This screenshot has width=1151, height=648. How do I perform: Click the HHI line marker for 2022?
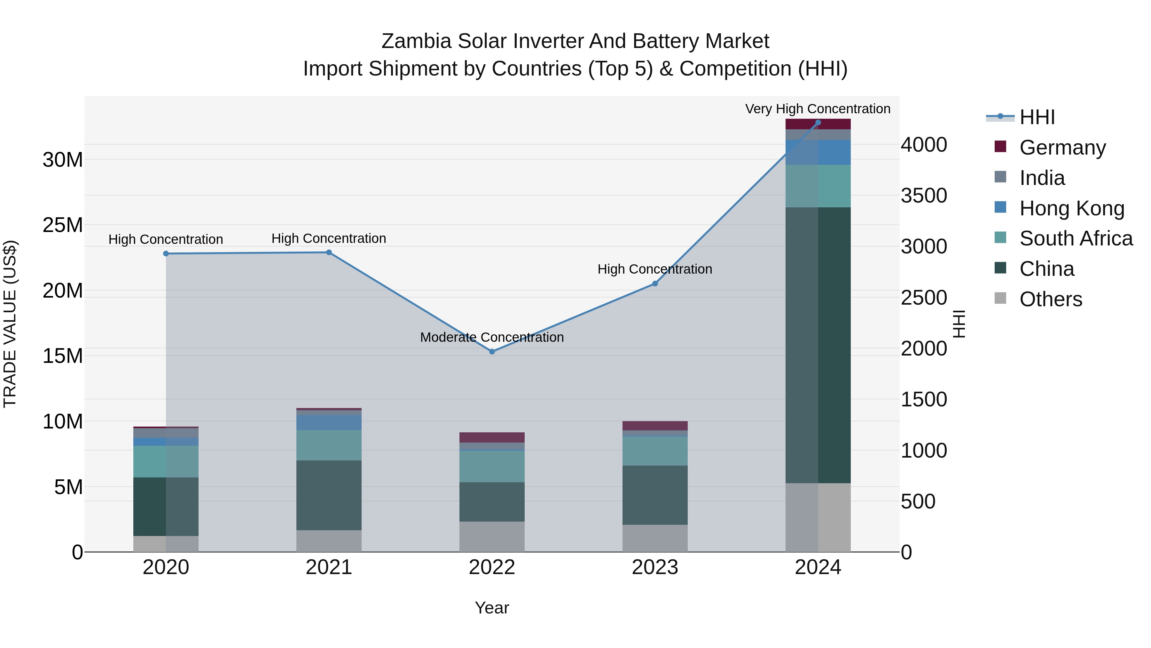pos(492,351)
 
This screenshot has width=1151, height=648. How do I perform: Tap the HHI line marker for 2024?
pos(818,123)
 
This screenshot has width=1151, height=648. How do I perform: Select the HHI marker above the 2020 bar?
pos(166,253)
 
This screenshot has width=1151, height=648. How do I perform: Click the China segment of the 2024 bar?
pos(818,344)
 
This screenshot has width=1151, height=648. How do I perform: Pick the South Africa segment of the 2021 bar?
pos(329,445)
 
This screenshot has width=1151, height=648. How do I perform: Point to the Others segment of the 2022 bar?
pos(492,536)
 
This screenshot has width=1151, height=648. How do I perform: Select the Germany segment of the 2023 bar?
pos(655,425)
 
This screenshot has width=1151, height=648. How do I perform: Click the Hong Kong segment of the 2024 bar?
pos(818,152)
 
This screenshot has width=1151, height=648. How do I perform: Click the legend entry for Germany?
pos(1062,148)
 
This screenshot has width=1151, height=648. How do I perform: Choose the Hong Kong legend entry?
pos(1071,208)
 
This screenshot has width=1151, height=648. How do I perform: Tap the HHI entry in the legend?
pos(1037,117)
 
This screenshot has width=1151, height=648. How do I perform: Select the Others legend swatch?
pos(1000,298)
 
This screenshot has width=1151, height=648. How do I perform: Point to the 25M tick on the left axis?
pos(63,225)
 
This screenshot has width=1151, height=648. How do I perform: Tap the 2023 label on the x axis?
pos(655,567)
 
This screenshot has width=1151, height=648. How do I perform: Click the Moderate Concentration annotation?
pos(492,337)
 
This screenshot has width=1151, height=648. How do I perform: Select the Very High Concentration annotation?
pos(818,109)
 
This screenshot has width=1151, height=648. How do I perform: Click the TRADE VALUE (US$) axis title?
pos(10,324)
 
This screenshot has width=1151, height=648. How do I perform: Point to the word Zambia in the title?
pos(416,41)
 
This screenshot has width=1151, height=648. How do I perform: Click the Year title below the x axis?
pos(492,608)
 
